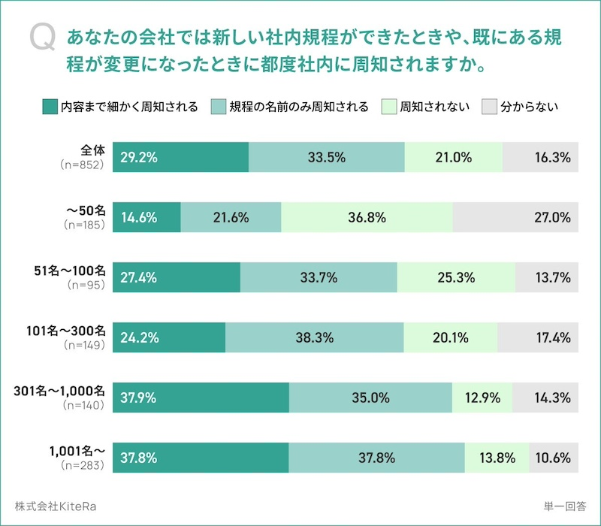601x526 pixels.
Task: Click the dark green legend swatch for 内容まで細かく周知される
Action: pos(50,107)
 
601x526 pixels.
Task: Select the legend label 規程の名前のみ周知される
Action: pos(299,107)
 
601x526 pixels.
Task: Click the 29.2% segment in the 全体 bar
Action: pos(180,157)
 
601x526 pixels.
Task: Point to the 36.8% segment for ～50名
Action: pos(367,218)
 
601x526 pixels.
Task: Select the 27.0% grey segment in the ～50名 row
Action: pos(515,218)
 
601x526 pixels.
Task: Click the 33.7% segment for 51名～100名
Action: pos(319,277)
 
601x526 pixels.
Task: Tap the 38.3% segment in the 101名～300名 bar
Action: pos(315,337)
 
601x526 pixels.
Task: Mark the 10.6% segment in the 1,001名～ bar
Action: pos(553,458)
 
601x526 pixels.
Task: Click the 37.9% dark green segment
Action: pos(201,398)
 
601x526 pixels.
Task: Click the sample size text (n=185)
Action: pos(83,224)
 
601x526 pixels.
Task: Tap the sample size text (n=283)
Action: pos(83,465)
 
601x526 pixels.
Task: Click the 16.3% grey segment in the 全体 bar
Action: pos(540,157)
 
